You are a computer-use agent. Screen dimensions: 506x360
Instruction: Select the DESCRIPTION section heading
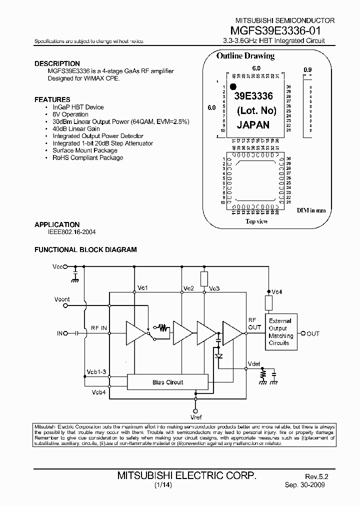(57, 63)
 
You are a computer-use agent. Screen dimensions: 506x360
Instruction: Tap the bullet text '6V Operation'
(70, 114)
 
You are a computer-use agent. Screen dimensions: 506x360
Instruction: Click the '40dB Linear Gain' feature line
(76, 129)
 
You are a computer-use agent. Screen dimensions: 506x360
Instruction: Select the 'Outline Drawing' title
(245, 56)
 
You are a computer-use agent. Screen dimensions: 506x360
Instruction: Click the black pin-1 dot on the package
(232, 86)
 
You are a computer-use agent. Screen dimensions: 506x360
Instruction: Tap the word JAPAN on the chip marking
(253, 125)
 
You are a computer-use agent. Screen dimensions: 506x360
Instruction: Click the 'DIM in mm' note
(311, 210)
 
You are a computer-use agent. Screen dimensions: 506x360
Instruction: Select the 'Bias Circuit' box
(167, 382)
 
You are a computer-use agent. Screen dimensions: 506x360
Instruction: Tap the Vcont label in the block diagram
(62, 299)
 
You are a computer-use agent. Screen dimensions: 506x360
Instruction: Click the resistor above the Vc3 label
(204, 278)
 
